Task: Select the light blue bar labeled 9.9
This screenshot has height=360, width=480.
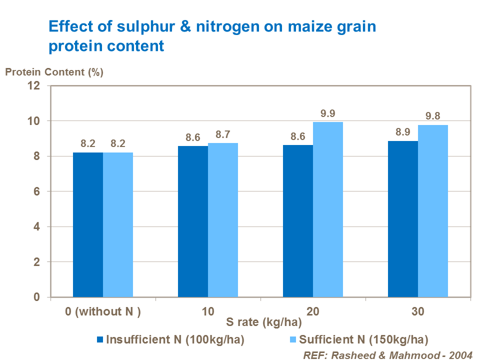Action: [328, 209]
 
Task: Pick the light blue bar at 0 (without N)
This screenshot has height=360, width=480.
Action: [118, 225]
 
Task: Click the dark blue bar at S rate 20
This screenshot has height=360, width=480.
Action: [298, 221]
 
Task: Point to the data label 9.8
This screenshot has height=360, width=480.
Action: [433, 116]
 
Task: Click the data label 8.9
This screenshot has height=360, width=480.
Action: [403, 132]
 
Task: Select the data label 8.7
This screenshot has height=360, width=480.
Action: [223, 134]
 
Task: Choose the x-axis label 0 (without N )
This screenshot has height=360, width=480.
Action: [103, 312]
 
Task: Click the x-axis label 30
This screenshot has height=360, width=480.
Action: [418, 312]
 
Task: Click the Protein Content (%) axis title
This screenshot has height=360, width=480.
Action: [54, 71]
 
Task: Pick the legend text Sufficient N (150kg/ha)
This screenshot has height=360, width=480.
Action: [363, 340]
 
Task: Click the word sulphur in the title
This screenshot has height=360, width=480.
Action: [126, 26]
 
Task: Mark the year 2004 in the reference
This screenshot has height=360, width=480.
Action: [460, 354]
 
